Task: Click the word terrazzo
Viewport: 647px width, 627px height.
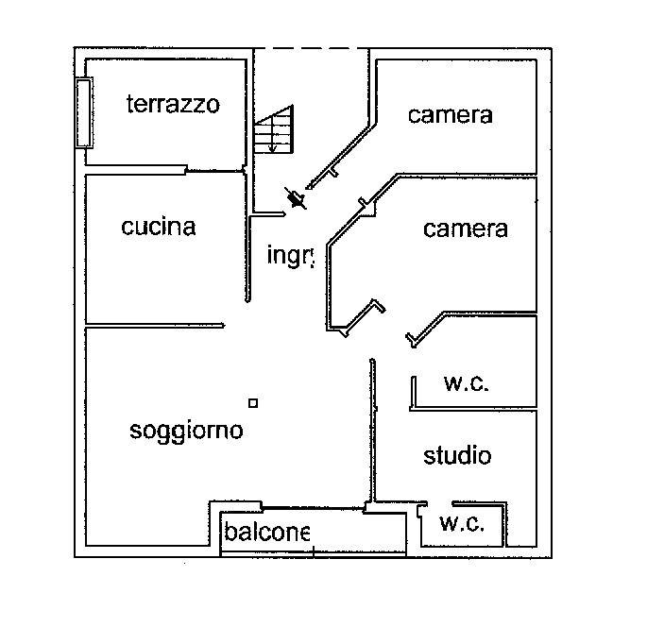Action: pos(173,104)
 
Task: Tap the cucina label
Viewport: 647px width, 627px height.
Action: pos(159,227)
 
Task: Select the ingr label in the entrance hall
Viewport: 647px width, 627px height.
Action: pos(289,255)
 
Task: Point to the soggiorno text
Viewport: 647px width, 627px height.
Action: pos(186,431)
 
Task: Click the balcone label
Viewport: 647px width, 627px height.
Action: pos(266,533)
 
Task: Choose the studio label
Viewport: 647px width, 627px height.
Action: pos(457,456)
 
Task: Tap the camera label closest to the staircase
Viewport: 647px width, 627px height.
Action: pos(451,115)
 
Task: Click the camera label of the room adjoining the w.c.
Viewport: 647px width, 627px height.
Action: pos(465,229)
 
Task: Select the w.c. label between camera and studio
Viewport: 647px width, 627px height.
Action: pos(467,383)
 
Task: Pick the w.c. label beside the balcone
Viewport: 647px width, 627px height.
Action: pos(462,525)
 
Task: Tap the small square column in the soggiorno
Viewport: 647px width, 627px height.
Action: pos(252,403)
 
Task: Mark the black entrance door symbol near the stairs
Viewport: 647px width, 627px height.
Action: pos(298,198)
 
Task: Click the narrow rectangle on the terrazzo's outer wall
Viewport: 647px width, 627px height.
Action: pos(84,113)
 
